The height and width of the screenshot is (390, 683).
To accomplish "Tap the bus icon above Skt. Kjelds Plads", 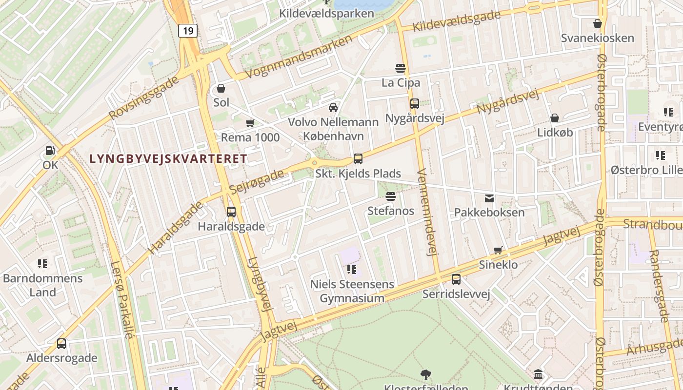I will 358,158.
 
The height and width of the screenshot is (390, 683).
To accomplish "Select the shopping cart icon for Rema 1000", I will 250,123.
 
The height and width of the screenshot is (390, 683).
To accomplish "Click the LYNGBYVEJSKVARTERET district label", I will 168,158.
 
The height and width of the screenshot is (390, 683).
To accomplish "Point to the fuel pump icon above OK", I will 50,151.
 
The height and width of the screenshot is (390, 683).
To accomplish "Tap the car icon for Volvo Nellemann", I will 333,107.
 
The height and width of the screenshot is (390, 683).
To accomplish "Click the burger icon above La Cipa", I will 401,68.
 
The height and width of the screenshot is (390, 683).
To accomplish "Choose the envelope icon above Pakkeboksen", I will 489,198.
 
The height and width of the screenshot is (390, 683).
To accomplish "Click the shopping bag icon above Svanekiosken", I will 598,23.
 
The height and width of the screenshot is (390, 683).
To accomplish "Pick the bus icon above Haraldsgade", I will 231,212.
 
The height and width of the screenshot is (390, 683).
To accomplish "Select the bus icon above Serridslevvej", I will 456,279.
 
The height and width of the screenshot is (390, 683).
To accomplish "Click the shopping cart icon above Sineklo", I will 498,250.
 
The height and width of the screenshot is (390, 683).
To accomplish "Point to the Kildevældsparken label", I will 326,13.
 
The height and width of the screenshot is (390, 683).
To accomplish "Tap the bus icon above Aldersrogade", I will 61,343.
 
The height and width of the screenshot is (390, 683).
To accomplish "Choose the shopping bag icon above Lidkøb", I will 555,118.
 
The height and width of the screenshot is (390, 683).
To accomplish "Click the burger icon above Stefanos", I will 391,196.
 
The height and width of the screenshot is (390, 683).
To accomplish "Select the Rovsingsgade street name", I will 144,97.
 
